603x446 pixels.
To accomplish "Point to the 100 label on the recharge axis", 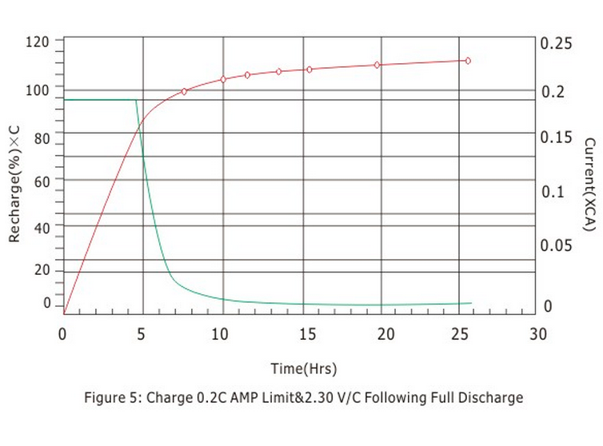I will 37,90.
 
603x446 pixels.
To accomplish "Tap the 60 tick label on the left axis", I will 41,181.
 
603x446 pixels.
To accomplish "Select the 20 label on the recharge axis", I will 41,271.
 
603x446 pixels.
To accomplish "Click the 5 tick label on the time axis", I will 142,333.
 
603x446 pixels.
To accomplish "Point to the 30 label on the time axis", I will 538,333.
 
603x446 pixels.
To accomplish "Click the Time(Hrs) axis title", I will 303,368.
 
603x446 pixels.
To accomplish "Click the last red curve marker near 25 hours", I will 468,61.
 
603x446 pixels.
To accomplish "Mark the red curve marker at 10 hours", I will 223,79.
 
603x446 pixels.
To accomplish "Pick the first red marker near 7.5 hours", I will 184,92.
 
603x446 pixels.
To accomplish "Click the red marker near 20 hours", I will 377,65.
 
